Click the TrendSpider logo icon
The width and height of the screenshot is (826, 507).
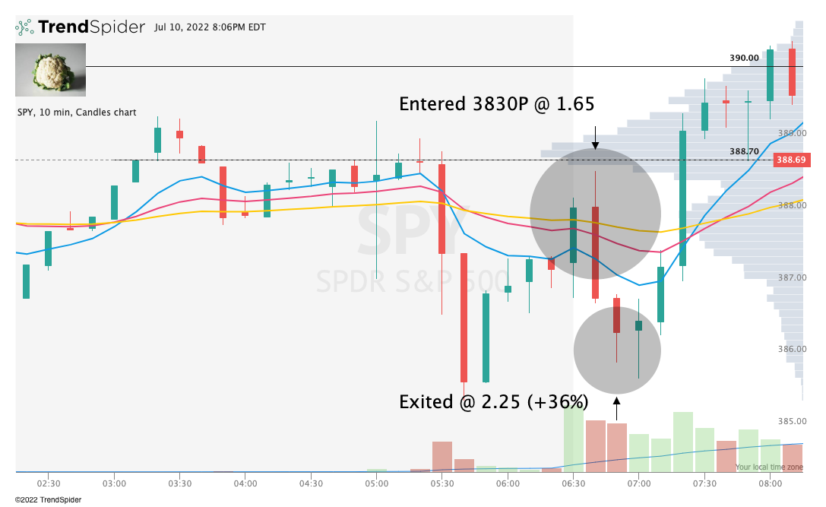tap(24, 27)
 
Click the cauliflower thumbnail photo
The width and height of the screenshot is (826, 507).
tap(51, 69)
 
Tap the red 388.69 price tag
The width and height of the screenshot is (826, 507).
tap(789, 160)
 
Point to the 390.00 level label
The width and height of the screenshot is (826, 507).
tap(744, 58)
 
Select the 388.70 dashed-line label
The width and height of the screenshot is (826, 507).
tap(744, 152)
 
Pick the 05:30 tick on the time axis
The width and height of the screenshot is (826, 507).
tap(442, 483)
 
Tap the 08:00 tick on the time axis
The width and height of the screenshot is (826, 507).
tap(770, 483)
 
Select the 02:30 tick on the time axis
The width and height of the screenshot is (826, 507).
tap(49, 483)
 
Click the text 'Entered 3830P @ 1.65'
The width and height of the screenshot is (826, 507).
tap(496, 104)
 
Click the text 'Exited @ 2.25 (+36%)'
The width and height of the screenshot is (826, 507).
tap(493, 402)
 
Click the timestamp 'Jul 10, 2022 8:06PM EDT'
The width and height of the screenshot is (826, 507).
tap(210, 27)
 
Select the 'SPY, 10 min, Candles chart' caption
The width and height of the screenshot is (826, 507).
tap(77, 112)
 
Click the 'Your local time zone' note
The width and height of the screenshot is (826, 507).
tap(768, 467)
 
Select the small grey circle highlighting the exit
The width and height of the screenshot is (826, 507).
tap(617, 350)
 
